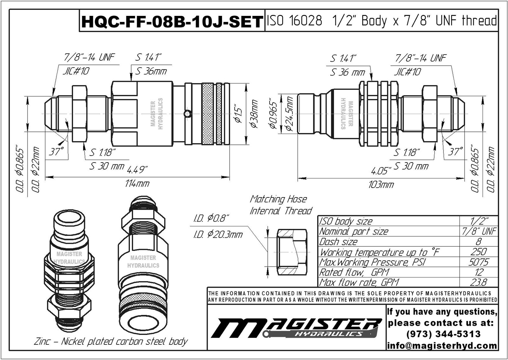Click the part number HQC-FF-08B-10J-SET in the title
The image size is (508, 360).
[172, 22]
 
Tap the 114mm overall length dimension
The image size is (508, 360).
[137, 184]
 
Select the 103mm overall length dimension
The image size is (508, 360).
[381, 184]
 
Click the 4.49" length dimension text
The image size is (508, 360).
[137, 170]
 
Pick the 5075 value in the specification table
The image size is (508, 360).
[478, 262]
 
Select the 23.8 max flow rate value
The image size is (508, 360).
[478, 282]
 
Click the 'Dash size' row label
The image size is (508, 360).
[338, 242]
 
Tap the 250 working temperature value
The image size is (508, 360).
[478, 252]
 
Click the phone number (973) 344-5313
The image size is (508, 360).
[443, 334]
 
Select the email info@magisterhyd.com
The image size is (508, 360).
[442, 345]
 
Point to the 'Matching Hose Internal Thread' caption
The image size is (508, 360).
[281, 205]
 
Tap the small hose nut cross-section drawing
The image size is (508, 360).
[292, 252]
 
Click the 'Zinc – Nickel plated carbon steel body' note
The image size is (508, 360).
[111, 342]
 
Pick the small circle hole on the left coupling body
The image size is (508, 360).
[188, 113]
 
